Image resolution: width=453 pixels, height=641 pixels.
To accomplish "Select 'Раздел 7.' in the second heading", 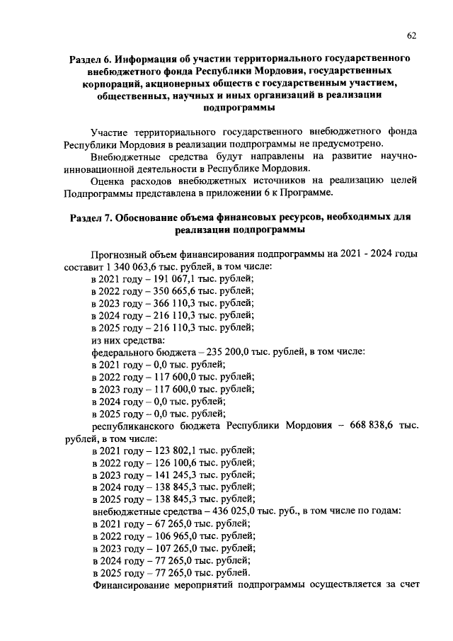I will (90, 217).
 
